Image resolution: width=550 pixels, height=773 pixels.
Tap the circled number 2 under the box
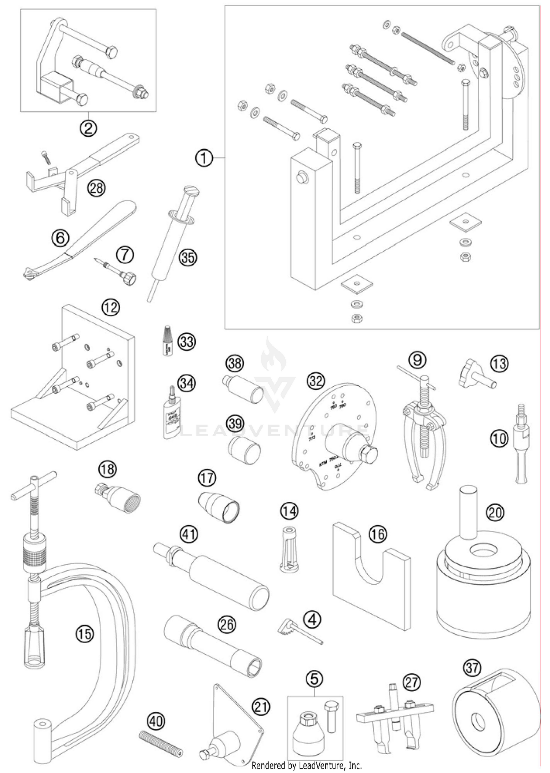pos(88,128)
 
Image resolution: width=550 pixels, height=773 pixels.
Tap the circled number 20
pos(495,512)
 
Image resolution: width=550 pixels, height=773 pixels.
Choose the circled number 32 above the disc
pos(316,381)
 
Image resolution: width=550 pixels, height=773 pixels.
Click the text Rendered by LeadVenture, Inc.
pos(307,766)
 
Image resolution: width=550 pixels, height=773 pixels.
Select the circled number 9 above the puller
pos(417,360)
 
